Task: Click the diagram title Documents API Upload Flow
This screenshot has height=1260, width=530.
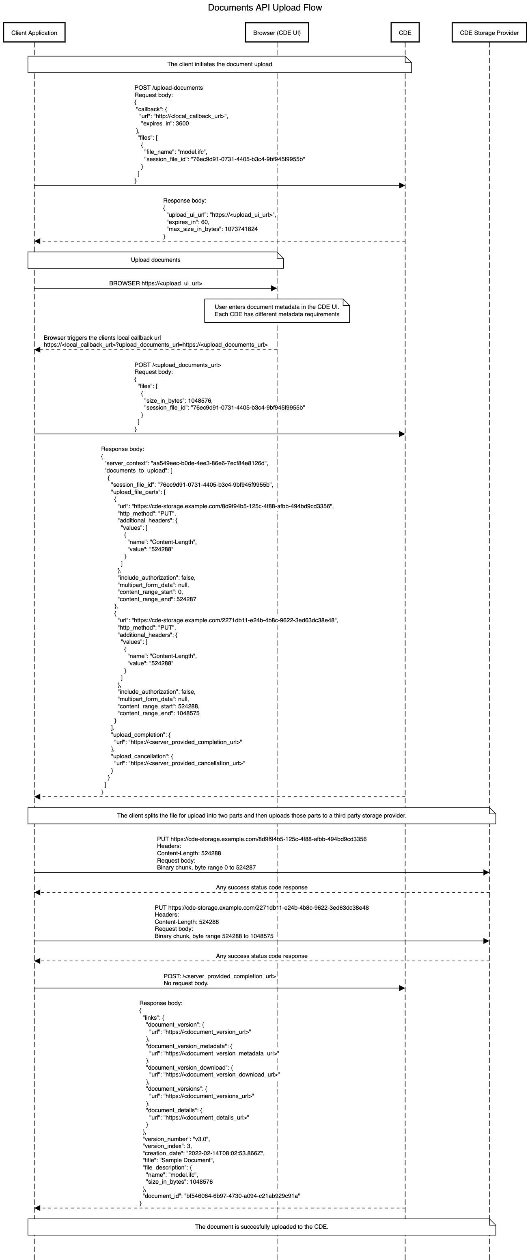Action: click(265, 7)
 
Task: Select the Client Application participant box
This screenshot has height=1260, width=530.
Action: click(34, 33)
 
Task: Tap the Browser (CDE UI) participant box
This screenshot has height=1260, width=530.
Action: click(277, 33)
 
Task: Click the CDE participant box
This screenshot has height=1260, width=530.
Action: click(405, 33)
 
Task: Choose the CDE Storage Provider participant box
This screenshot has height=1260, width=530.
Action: click(489, 33)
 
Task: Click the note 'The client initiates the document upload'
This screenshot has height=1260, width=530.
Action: click(220, 64)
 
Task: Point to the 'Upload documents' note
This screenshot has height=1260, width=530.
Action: click(155, 260)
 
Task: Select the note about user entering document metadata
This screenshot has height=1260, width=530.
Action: click(277, 311)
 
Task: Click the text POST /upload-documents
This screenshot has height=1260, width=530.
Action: click(169, 88)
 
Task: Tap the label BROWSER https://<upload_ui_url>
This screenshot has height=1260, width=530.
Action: click(155, 283)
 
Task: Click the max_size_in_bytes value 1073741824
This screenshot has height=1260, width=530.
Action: click(241, 229)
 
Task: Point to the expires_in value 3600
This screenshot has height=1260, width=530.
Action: click(182, 123)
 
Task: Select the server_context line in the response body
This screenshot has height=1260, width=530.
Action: click(186, 463)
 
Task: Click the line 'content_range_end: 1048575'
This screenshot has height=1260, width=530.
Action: click(158, 713)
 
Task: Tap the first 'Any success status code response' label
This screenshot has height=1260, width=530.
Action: click(262, 887)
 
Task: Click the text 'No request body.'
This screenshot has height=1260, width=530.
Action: click(186, 983)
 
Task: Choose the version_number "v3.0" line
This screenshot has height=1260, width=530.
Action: click(176, 1139)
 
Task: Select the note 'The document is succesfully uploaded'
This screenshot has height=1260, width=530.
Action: click(262, 1227)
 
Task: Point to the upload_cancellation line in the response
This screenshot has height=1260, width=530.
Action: click(142, 756)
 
